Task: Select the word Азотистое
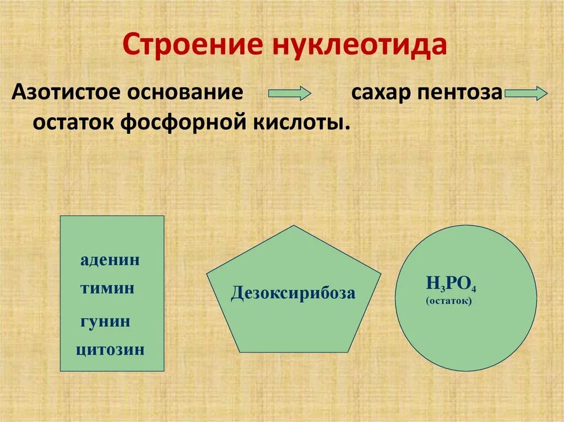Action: pos(66,91)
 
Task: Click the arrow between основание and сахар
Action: pos(290,93)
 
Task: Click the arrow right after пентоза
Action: pos(525,93)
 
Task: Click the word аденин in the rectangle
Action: pos(110,260)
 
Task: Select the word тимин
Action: pos(107,288)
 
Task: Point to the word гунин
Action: pos(105,321)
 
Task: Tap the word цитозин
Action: pos(111,349)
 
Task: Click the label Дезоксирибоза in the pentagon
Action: pos(293,293)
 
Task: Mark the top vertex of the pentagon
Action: pos(294,226)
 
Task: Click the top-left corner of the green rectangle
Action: pos(60,216)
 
